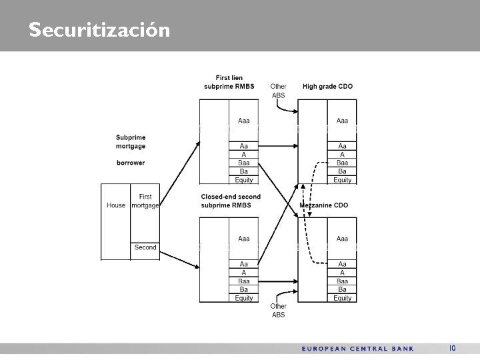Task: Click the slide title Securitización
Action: pos(99,30)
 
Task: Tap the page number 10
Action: pos(452,348)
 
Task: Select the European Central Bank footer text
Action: pos(357,348)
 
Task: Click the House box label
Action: pos(116,205)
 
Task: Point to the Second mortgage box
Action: pos(145,247)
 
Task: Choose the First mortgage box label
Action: pos(145,201)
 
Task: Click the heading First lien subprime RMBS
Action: pos(229,82)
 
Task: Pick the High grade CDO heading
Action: pos(327,86)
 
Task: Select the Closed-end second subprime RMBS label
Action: pos(230,201)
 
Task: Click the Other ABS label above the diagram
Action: pos(278,91)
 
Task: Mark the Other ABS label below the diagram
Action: pos(278,311)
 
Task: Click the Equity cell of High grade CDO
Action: pos(342,180)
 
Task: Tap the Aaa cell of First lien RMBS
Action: pos(243,121)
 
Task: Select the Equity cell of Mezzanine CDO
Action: pos(342,298)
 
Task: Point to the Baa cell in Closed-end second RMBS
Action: pos(243,281)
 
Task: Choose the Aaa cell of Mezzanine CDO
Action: pos(342,239)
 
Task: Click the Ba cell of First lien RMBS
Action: pos(243,171)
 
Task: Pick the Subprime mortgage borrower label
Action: pos(131,150)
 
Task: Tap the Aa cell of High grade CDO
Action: pos(342,145)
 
